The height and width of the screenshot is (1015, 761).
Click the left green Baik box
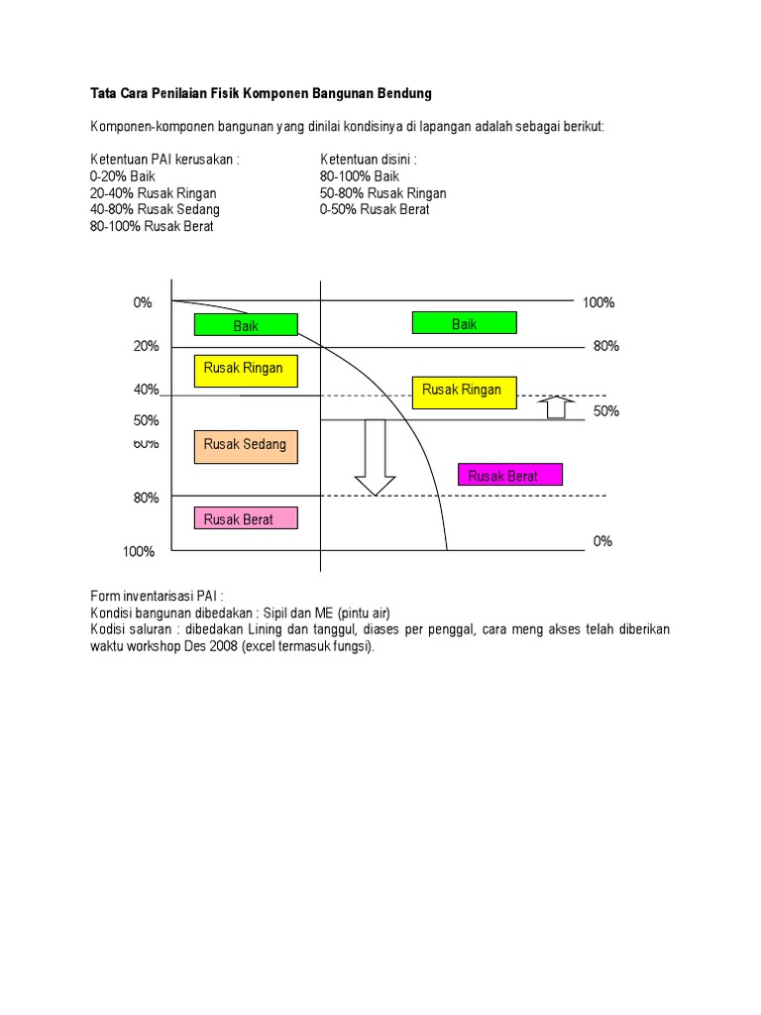tap(246, 324)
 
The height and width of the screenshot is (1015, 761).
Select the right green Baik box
tap(464, 322)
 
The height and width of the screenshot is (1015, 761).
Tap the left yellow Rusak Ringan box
tap(246, 369)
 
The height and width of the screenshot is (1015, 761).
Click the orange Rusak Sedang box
tap(246, 446)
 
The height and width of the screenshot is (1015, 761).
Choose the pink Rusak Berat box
tap(246, 518)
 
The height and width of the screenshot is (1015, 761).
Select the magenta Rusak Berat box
tap(509, 475)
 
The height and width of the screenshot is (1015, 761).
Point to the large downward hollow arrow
tap(375, 457)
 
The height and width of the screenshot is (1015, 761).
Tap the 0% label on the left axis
tap(143, 302)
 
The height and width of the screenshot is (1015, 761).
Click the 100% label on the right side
tap(598, 302)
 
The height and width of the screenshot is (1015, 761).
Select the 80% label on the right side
tap(606, 346)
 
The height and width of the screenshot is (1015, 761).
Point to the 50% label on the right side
tap(606, 410)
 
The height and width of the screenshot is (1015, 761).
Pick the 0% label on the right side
tap(602, 541)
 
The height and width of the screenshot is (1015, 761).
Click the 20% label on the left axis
tap(147, 346)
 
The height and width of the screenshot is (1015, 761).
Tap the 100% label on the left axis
tap(139, 551)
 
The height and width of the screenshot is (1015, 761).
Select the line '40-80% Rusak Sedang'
tap(156, 210)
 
